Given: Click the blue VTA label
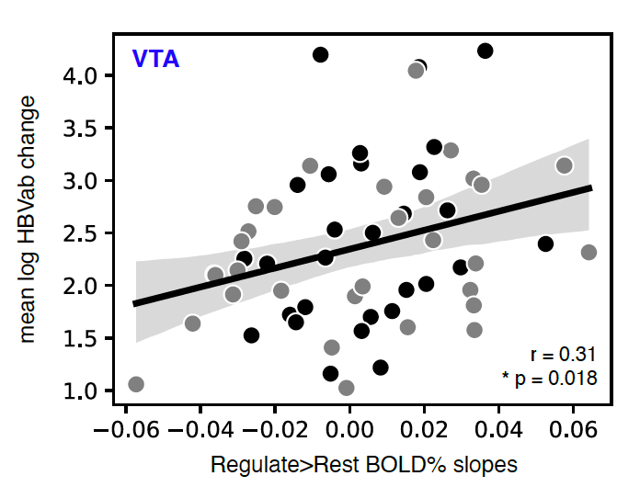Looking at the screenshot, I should click(x=155, y=60).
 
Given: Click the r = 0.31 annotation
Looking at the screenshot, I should click(x=564, y=355).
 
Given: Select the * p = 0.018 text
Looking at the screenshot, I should click(x=549, y=377).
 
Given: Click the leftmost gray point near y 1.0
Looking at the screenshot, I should click(x=136, y=384).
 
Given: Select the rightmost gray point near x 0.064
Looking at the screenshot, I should click(x=589, y=252).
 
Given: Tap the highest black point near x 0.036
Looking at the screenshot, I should click(x=486, y=51).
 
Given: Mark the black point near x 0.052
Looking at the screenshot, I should click(x=545, y=243).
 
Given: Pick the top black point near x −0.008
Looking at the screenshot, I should click(x=320, y=55).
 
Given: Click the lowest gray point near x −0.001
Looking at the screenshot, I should click(x=347, y=388).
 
